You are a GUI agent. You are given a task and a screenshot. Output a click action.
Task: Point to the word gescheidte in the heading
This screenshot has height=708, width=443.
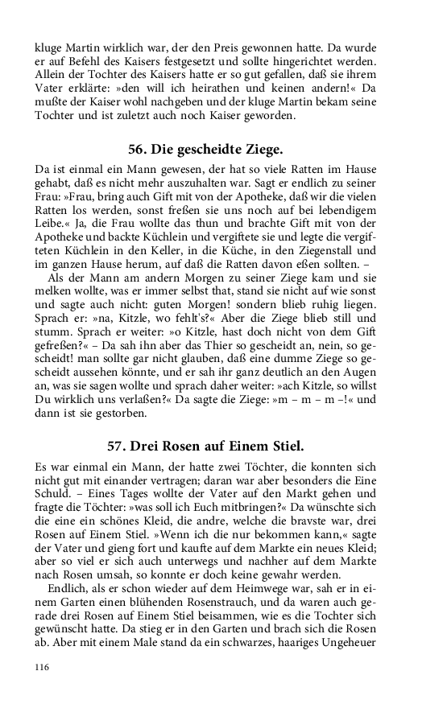204,150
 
